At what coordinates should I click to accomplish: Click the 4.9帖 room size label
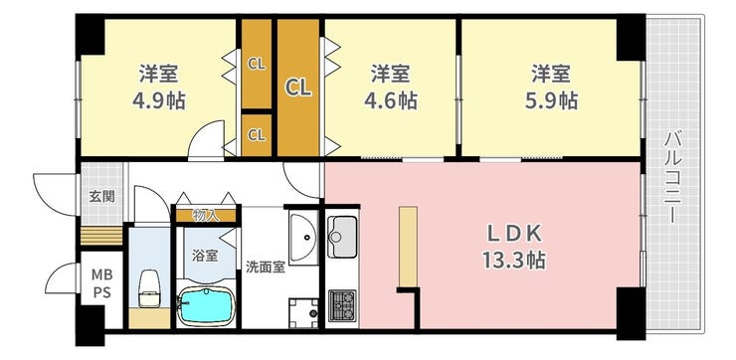pos(159,100)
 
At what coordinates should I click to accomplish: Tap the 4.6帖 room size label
pos(391,100)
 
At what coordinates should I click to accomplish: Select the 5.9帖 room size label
pos(551,100)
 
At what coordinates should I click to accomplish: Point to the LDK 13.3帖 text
pos(514,247)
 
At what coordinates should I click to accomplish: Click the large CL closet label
pos(298,88)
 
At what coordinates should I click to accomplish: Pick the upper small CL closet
pos(257,65)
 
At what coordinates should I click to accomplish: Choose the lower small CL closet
pos(257,135)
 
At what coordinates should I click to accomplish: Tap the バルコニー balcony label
pos(673,178)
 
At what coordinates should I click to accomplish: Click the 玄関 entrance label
pos(101,196)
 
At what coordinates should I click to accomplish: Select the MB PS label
pos(101,283)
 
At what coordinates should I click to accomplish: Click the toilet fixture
pos(150,288)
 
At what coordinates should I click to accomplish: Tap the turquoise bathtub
pos(206,307)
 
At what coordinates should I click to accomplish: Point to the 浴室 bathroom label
pos(205,256)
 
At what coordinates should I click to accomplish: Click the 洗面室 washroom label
pos(266,268)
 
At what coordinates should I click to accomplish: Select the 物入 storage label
pos(206,216)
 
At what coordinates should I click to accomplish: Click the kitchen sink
pos(342,237)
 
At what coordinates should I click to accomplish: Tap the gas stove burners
pos(342,305)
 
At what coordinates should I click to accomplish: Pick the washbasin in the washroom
pos(303,238)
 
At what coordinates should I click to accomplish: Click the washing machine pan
pos(303,313)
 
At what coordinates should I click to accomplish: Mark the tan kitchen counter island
pos(408,247)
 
